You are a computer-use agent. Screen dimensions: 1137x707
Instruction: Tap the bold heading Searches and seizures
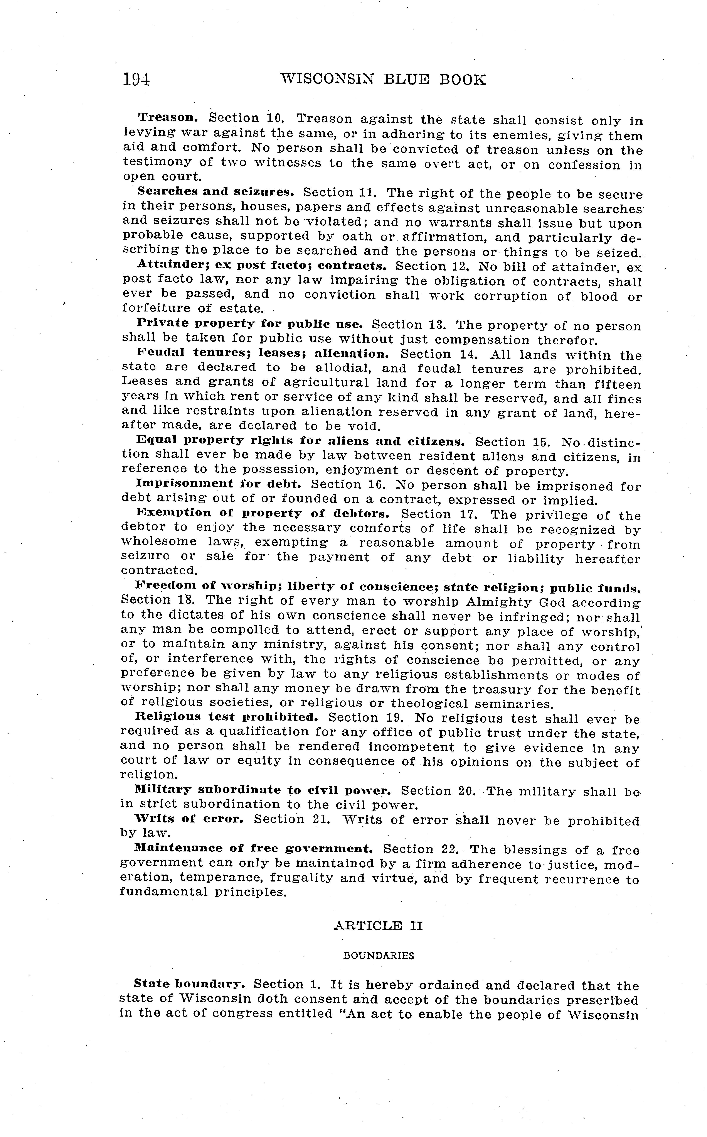[x=215, y=192]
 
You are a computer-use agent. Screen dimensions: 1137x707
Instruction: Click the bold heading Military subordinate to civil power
[x=262, y=790]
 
